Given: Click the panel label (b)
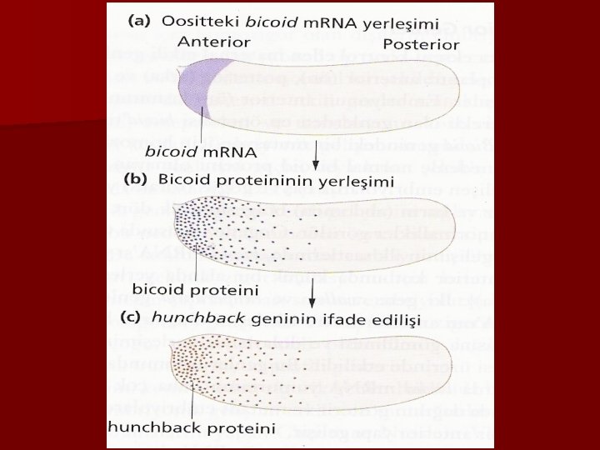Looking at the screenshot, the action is (x=136, y=179).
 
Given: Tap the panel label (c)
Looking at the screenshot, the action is (x=132, y=317).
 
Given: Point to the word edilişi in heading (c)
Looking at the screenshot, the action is (x=372, y=317).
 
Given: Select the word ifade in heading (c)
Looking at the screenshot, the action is (x=321, y=317).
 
